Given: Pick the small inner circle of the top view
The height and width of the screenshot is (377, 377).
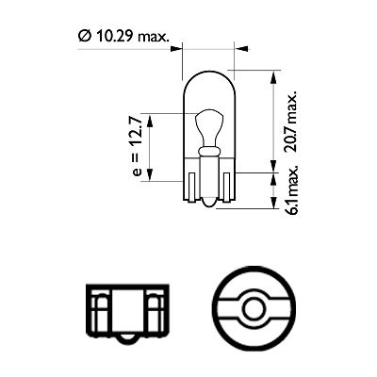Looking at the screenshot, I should (251, 307).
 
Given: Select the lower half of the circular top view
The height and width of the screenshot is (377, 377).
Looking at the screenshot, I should (251, 329).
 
